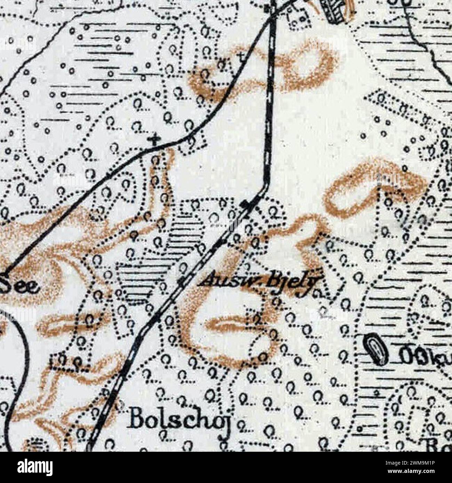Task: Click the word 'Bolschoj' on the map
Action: (x=179, y=421)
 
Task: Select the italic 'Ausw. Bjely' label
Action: (x=259, y=281)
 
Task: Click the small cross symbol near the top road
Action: (x=241, y=56)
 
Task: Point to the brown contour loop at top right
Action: (x=306, y=66)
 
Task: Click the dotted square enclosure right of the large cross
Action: (x=192, y=144)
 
